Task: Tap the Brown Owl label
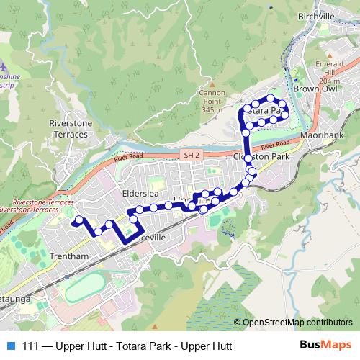coord(315,88)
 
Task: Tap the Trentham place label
coord(70,257)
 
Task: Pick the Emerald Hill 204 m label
coord(314,70)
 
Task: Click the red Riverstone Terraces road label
coord(29,207)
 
